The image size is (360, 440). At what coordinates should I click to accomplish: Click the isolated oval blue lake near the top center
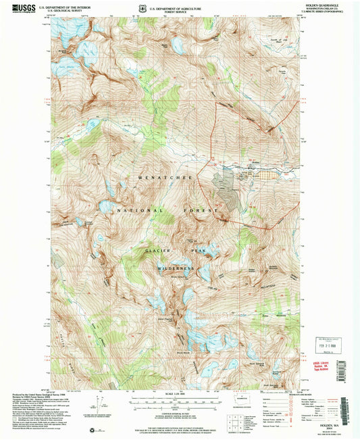(x=178, y=46)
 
